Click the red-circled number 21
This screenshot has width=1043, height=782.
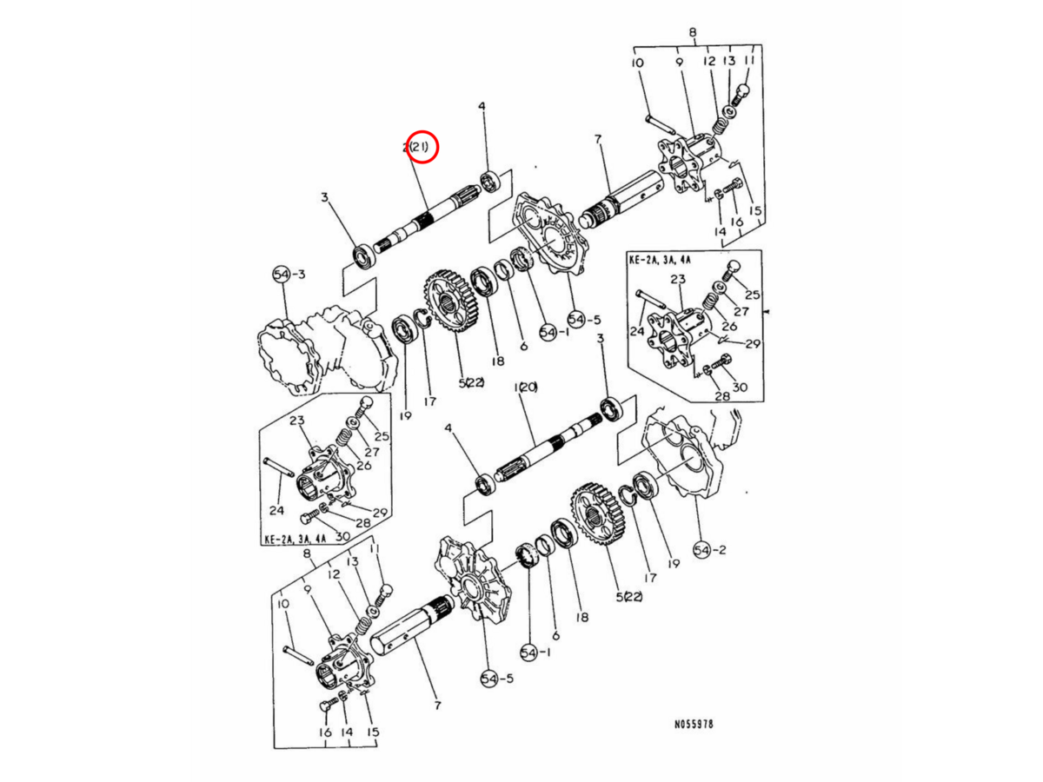pos(420,148)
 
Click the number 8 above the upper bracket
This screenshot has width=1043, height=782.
pos(693,33)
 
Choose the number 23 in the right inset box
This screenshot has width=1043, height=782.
pos(678,281)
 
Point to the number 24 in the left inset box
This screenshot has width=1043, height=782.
pos(277,510)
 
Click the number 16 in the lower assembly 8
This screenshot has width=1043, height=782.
pos(325,733)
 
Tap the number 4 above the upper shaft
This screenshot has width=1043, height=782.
pos(482,107)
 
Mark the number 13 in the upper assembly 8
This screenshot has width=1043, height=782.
pos(729,62)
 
